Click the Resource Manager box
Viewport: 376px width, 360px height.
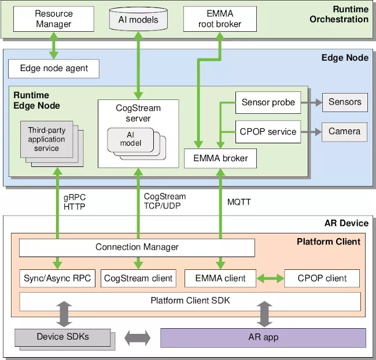pyautogui.click(x=53, y=18)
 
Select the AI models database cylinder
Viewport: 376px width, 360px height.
pyautogui.click(x=138, y=19)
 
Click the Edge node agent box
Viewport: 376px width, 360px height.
pyautogui.click(x=54, y=68)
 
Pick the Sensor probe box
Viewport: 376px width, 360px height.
pyautogui.click(x=268, y=102)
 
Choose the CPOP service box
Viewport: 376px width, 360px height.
pyautogui.click(x=268, y=131)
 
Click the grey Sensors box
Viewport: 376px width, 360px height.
pyautogui.click(x=344, y=102)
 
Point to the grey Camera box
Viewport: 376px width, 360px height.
pyautogui.click(x=344, y=131)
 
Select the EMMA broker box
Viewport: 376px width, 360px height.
pyautogui.click(x=220, y=158)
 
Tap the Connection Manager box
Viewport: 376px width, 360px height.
pyautogui.click(x=137, y=247)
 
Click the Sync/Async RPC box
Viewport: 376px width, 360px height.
pyautogui.click(x=57, y=278)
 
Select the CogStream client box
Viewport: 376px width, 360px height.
pyautogui.click(x=138, y=278)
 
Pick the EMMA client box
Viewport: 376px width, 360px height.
pyautogui.click(x=220, y=278)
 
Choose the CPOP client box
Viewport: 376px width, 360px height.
pyautogui.click(x=322, y=278)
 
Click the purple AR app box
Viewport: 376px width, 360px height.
pyautogui.click(x=263, y=337)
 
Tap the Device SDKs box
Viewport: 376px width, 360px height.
pyautogui.click(x=62, y=336)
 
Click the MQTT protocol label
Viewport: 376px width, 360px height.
pyautogui.click(x=239, y=202)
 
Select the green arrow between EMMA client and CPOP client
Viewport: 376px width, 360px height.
pyautogui.click(x=270, y=278)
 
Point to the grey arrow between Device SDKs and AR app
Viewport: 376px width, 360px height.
pyautogui.click(x=137, y=337)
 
